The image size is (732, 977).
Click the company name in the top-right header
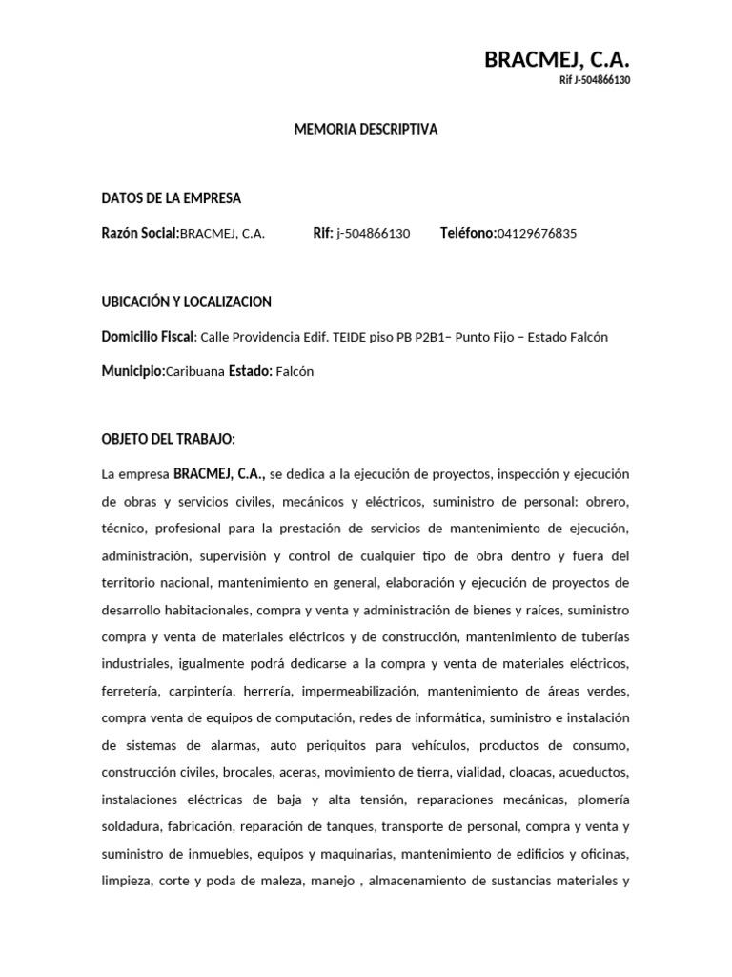[557, 59]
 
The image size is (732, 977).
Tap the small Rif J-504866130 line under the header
[595, 80]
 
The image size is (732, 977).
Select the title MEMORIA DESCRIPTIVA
[366, 129]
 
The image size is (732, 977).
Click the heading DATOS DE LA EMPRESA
[172, 198]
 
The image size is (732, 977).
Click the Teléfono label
[468, 233]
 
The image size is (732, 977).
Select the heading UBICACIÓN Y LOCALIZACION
[187, 301]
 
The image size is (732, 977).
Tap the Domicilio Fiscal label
[148, 337]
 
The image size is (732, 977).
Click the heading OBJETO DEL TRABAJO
[168, 439]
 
